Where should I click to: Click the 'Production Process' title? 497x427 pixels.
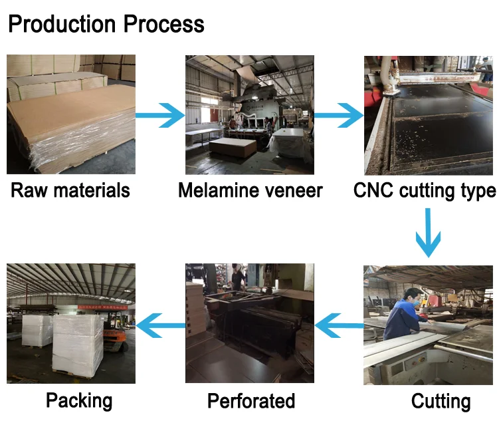click(x=106, y=25)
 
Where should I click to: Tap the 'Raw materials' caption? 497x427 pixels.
click(x=70, y=190)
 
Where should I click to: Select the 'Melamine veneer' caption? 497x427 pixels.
click(x=250, y=190)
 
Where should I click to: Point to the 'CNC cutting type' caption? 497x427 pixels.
click(x=425, y=191)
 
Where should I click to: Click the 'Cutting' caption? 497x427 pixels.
click(x=441, y=401)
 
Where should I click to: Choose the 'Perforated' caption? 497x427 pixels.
click(x=251, y=400)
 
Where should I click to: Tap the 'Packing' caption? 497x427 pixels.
click(x=79, y=400)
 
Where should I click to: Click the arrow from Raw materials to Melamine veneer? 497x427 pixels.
click(x=160, y=116)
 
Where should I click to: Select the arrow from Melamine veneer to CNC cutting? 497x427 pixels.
click(x=339, y=116)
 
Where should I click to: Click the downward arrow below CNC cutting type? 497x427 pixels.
click(x=428, y=233)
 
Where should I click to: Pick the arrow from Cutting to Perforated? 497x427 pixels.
click(x=339, y=325)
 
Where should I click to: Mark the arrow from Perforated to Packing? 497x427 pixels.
click(x=161, y=325)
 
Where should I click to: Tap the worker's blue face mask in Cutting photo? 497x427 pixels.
click(x=416, y=303)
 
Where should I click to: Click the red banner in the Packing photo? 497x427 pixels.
click(x=102, y=307)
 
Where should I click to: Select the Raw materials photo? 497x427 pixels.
click(x=71, y=114)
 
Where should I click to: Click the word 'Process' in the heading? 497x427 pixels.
click(x=164, y=25)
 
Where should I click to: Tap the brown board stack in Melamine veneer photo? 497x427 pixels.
click(x=233, y=148)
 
